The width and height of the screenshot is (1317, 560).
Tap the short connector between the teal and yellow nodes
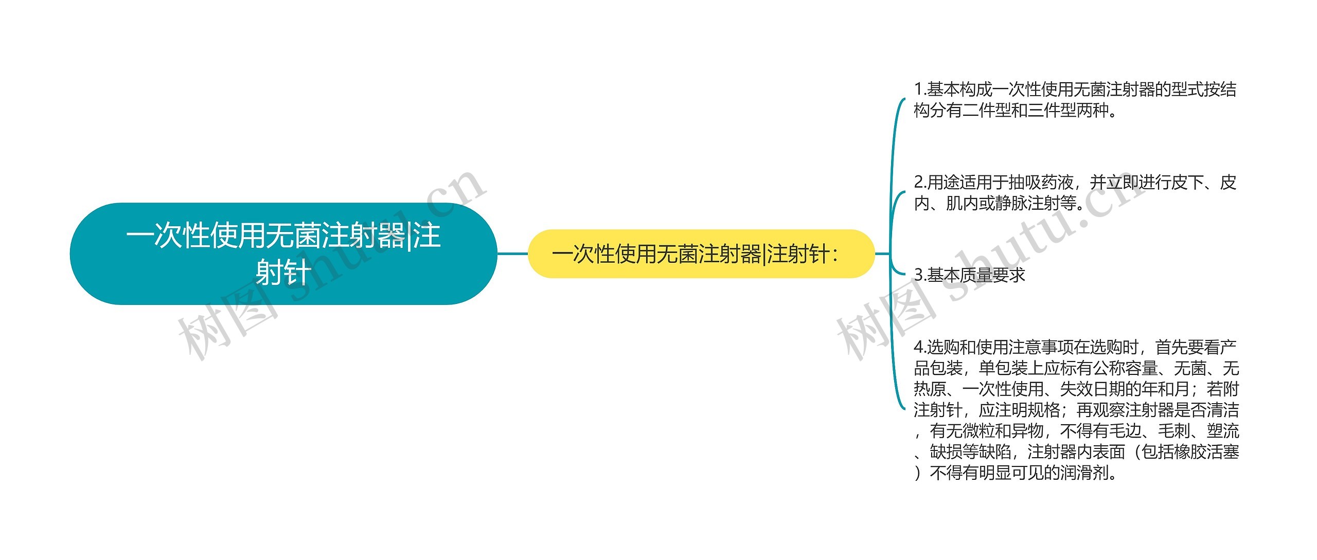coord(512,254)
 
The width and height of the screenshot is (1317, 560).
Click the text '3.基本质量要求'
coord(969,275)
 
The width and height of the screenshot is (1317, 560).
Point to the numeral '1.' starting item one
coord(920,89)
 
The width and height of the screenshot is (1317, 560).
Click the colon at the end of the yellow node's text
coord(834,254)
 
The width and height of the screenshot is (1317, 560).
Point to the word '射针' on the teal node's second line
coord(283,272)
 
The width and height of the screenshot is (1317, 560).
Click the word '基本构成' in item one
coord(959,89)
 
